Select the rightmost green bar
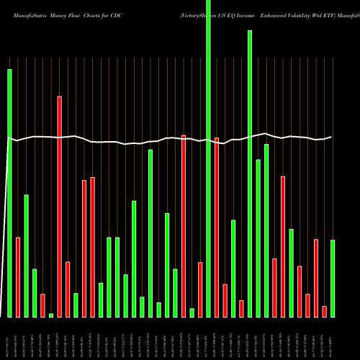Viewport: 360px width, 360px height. (x=333, y=278)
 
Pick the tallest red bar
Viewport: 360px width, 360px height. (x=60, y=206)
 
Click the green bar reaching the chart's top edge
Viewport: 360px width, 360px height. (x=209, y=158)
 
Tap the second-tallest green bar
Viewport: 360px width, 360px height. (x=250, y=174)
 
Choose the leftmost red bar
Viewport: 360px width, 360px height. (x=18, y=276)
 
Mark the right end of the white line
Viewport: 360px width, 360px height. (x=332, y=137)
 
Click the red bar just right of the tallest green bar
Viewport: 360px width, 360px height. (x=217, y=227)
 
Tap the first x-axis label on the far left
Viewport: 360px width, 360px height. (x=9, y=338)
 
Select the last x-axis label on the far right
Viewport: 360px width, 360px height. (x=333, y=338)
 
